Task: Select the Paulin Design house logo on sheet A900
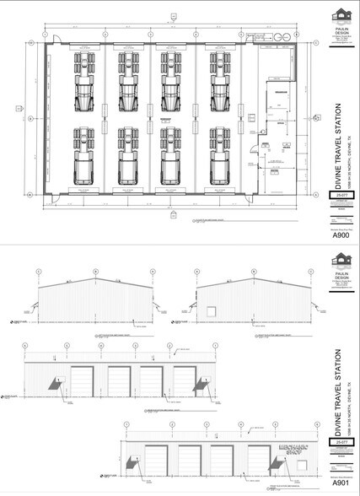pos(341,16)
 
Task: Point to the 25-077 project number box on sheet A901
pos(341,442)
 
